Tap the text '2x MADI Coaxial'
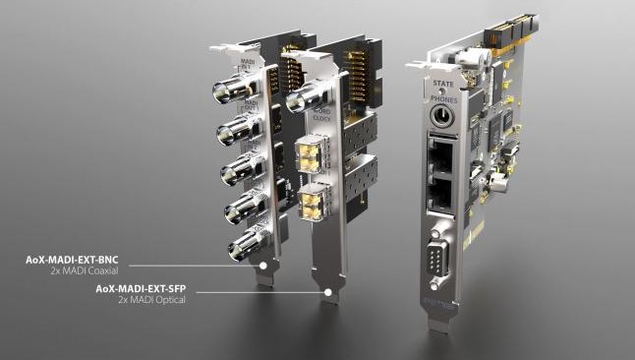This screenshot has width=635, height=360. [92, 270]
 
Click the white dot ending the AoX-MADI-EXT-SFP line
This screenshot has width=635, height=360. [327, 292]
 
